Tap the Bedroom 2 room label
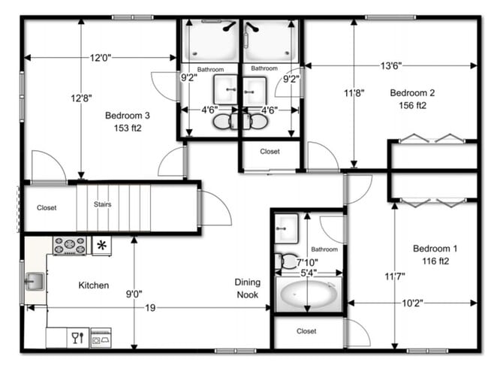(x=412, y=93)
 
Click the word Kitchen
(x=94, y=285)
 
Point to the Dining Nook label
(x=247, y=288)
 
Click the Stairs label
(x=103, y=204)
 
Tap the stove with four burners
(x=69, y=246)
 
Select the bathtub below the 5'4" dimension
(x=308, y=296)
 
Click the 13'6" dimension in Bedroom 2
(x=389, y=66)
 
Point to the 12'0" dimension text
(x=101, y=58)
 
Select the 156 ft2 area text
(x=412, y=106)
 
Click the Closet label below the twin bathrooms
(x=270, y=152)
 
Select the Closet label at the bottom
(x=306, y=331)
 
